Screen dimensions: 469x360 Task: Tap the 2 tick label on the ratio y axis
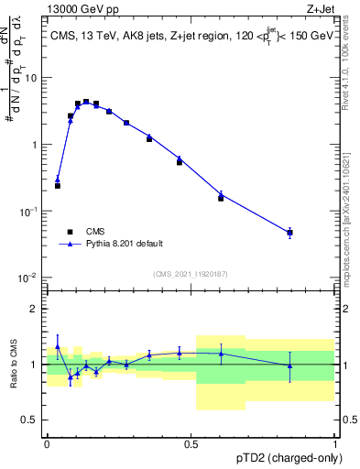(35, 309)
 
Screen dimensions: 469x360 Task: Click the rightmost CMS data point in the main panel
(289, 233)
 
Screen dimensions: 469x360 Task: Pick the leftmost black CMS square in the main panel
(58, 185)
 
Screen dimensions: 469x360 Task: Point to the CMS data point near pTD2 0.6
(221, 198)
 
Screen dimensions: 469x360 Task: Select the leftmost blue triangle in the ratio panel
(58, 346)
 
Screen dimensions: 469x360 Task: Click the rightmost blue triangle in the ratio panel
(289, 365)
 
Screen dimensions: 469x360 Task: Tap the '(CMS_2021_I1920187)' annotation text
(190, 274)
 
